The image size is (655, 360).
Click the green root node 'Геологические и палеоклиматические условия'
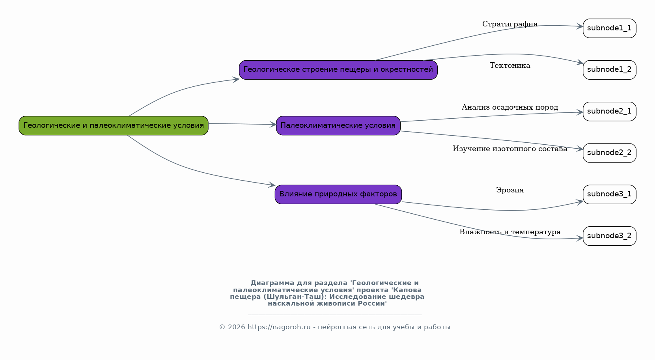tap(114, 126)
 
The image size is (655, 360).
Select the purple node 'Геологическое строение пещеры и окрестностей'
tap(338, 70)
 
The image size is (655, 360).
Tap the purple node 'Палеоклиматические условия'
tap(338, 126)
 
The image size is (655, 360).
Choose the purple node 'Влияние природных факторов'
tap(338, 194)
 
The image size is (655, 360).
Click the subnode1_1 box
tap(610, 28)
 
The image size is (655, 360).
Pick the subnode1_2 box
tap(610, 70)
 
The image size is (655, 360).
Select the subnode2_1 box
tap(610, 112)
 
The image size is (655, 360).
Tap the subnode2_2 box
tap(610, 153)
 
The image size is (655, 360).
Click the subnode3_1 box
tap(610, 194)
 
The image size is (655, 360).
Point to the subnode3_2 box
tap(610, 236)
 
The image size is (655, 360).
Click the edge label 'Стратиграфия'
tap(510, 24)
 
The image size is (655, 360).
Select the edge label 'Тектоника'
tap(510, 65)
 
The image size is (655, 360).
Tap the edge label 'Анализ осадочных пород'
tap(510, 107)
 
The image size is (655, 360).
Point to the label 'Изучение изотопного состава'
tap(510, 149)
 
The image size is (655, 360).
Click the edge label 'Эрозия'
tap(510, 190)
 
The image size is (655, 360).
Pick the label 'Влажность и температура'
tap(510, 232)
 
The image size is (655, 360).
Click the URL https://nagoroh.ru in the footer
tap(279, 327)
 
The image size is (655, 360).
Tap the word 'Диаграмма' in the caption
tap(272, 283)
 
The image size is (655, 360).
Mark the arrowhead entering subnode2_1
tap(580, 112)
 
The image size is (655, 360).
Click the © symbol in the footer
tap(222, 327)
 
